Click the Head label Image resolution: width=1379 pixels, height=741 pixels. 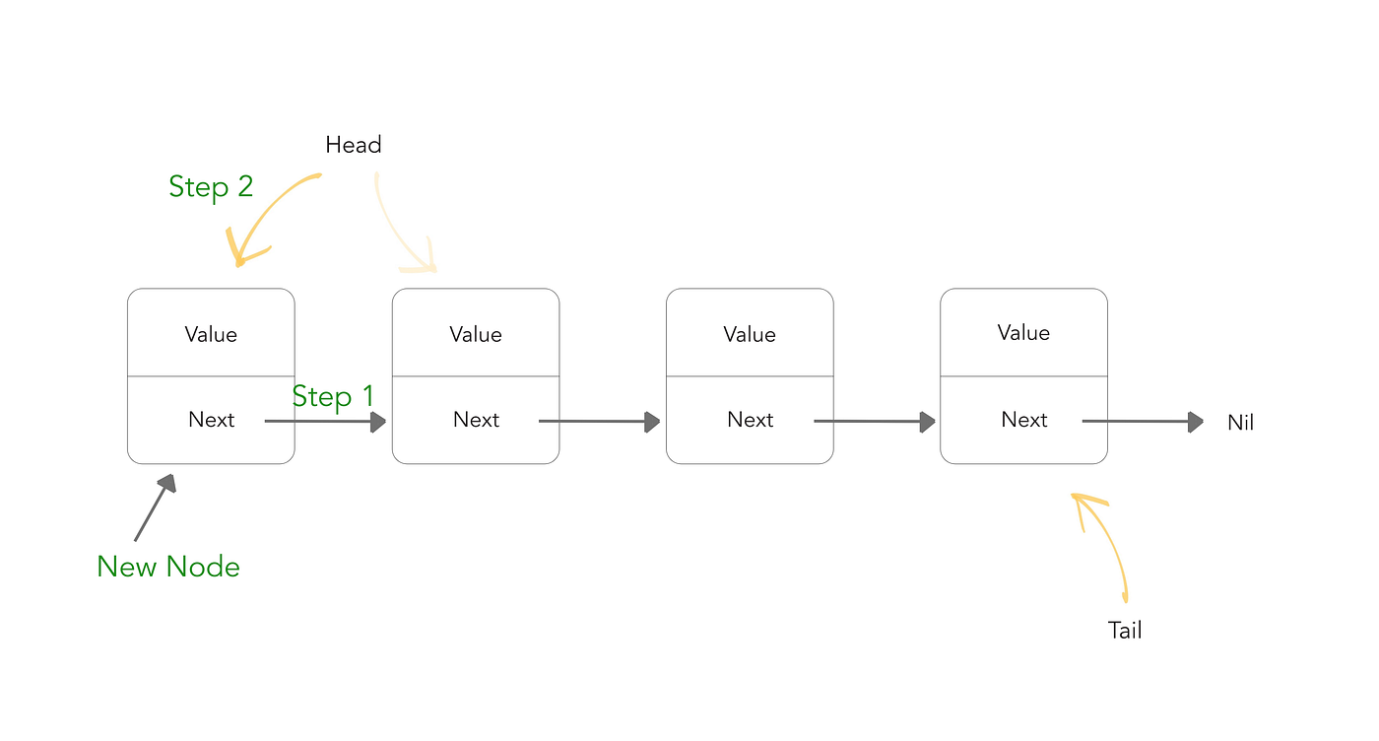pos(353,145)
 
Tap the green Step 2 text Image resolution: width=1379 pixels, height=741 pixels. pos(211,186)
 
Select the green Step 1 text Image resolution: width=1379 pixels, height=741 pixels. pos(333,396)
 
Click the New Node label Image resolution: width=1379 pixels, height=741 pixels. pos(168,567)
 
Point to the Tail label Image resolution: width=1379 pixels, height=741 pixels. pos(1125,631)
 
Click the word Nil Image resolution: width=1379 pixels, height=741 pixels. pos(1240,423)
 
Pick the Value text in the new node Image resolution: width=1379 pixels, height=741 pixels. pos(211,334)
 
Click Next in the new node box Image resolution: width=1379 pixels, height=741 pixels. pos(211,420)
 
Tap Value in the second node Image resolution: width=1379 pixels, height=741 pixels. pos(476,334)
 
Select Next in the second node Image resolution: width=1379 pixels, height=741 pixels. pos(476,420)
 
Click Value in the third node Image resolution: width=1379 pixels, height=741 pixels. pos(750,334)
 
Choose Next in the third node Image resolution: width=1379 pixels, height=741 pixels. pos(750,420)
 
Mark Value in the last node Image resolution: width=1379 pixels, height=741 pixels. pos(1023,333)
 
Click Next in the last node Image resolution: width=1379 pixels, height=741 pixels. pos(1023,420)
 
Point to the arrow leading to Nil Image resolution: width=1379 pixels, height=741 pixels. pos(1143,422)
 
